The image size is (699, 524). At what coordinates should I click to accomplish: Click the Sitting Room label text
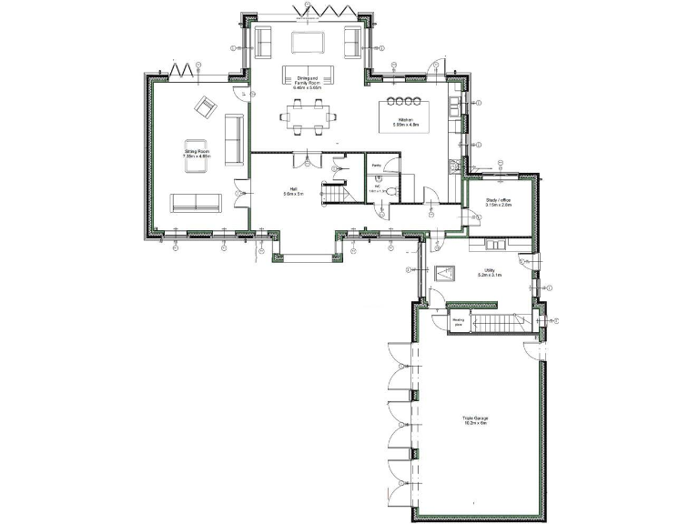197,154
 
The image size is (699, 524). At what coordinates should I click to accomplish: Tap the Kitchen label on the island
403,120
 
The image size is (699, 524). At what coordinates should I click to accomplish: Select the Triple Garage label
474,421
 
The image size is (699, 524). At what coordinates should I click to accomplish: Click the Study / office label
498,203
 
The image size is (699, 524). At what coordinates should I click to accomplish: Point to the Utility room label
489,272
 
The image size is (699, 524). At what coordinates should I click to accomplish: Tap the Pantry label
377,165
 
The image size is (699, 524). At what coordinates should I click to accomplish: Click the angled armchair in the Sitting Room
205,110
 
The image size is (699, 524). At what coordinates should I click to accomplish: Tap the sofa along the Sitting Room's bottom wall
198,201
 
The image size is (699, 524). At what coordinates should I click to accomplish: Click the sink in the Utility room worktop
497,245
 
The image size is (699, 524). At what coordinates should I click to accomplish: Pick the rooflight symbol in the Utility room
447,272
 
